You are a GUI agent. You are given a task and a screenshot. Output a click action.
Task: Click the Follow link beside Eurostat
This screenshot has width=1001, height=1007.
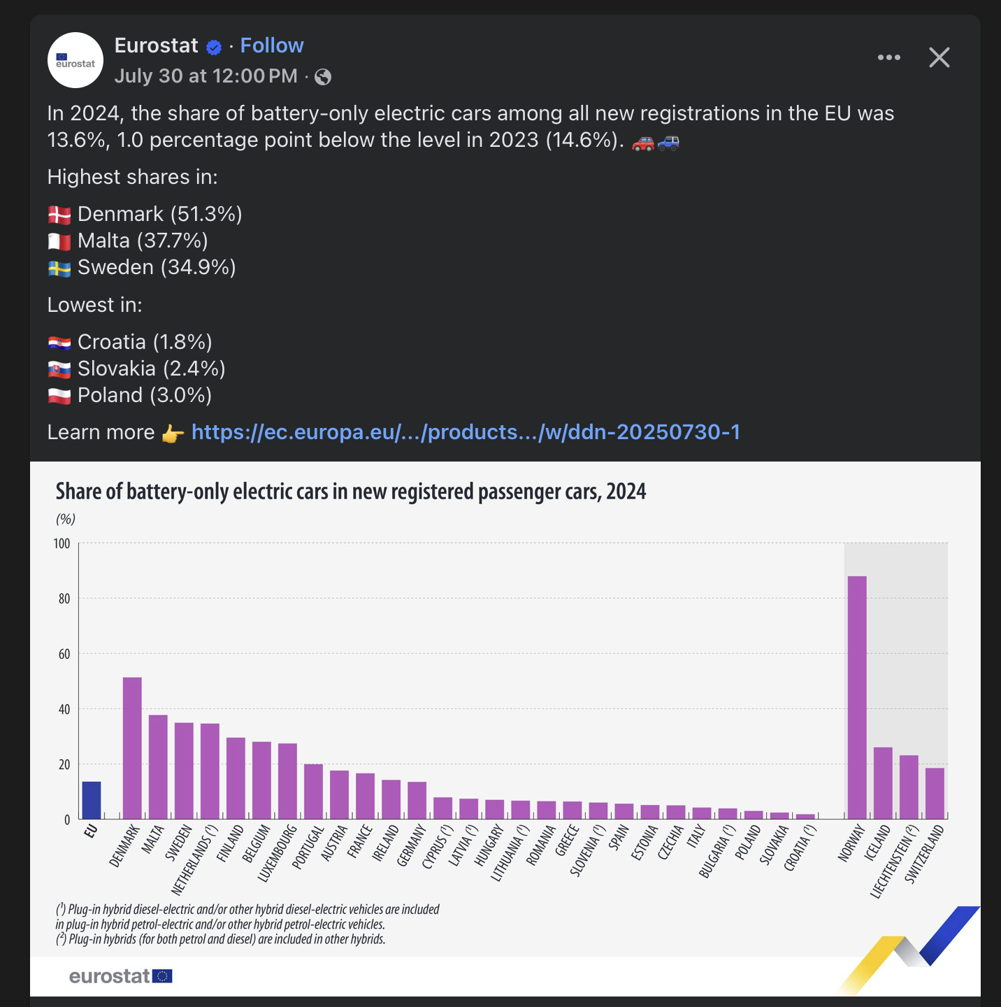(272, 45)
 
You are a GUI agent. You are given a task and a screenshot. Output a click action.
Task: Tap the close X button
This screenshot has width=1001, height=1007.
(939, 57)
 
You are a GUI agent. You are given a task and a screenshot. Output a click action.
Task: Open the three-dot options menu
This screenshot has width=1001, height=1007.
(888, 57)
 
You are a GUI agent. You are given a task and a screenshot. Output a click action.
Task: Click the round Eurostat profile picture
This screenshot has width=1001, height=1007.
(75, 60)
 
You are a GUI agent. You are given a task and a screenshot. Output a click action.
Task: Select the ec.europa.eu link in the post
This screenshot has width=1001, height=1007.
(466, 432)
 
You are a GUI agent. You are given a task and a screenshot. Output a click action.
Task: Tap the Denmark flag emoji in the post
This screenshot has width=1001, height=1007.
(59, 215)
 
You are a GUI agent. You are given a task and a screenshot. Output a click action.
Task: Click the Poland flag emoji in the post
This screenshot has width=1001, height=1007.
(59, 396)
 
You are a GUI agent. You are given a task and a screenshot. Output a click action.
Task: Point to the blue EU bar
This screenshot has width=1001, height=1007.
(92, 800)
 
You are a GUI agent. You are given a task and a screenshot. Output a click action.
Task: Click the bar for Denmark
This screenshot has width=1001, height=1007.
(132, 748)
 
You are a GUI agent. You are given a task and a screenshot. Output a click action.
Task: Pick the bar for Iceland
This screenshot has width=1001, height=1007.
(883, 783)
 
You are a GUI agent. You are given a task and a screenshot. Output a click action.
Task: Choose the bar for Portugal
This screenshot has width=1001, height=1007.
(313, 791)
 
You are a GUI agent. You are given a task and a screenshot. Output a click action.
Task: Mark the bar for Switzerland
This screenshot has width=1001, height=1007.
(935, 793)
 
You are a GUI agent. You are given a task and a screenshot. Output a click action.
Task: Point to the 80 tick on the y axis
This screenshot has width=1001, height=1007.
(64, 599)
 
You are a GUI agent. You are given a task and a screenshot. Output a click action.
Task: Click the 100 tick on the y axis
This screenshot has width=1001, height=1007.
(62, 543)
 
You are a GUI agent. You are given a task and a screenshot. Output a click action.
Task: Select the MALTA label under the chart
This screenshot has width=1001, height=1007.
(153, 838)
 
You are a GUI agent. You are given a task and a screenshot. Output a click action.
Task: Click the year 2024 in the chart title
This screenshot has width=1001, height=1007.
(626, 492)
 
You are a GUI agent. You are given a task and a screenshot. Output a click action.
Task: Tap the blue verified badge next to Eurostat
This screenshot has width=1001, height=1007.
(214, 47)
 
